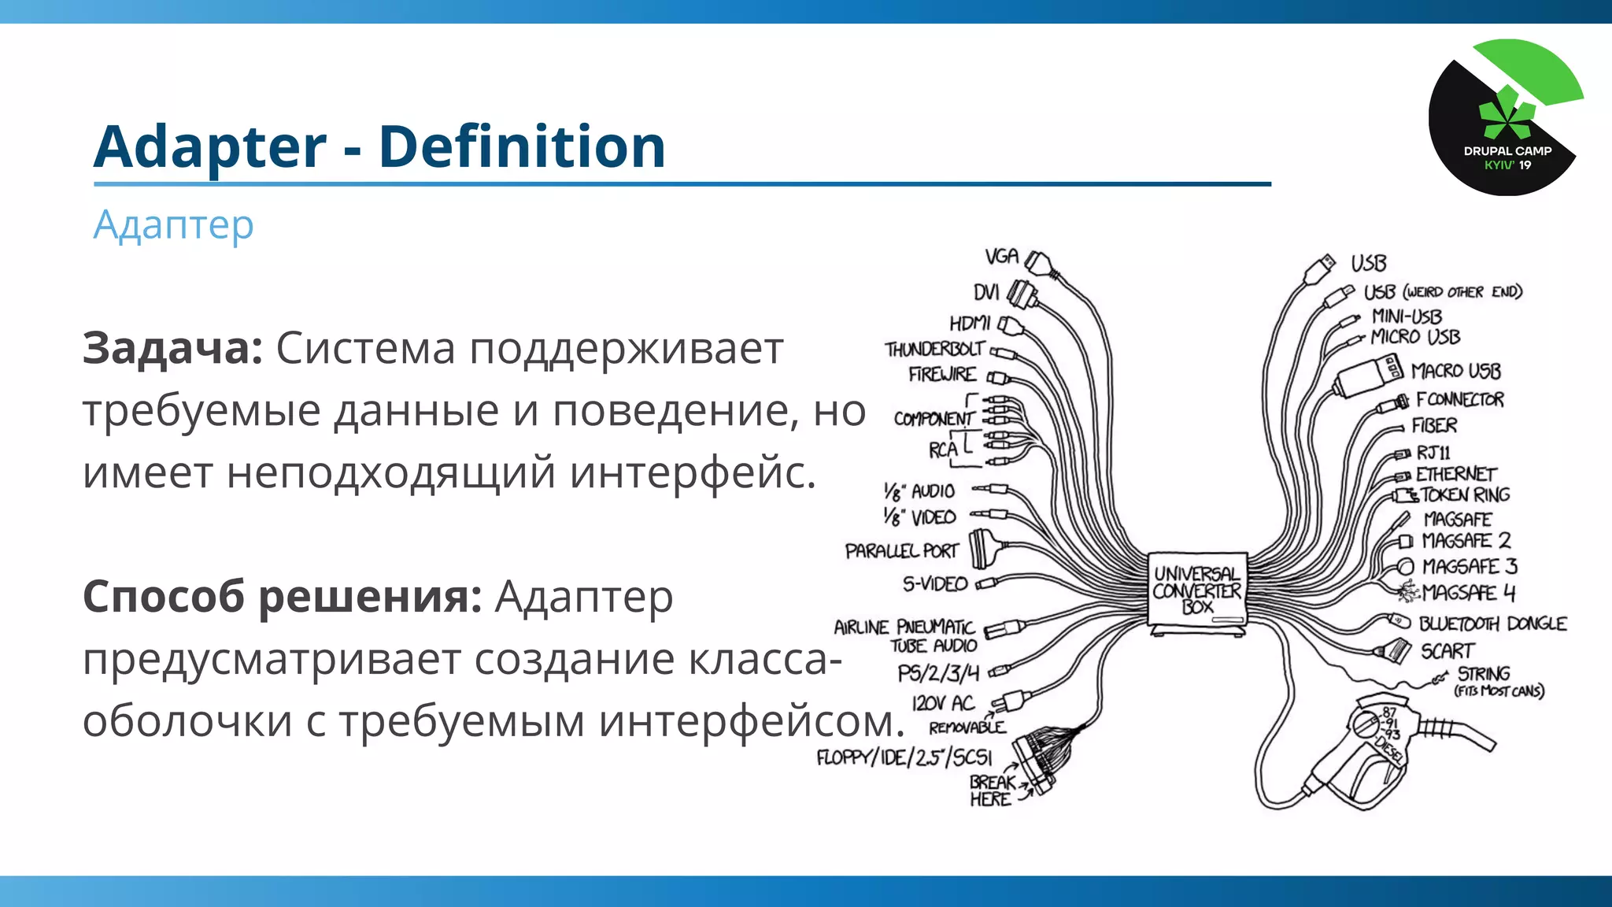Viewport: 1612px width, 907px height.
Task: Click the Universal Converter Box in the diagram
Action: tap(1196, 590)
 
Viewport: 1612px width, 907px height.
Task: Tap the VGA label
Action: tap(1001, 257)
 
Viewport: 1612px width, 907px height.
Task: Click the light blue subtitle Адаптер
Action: tap(173, 225)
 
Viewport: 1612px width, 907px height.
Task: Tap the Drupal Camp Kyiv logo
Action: tap(1505, 118)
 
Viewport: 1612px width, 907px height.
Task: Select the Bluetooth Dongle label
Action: tap(1492, 624)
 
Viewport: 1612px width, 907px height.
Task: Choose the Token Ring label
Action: tap(1465, 494)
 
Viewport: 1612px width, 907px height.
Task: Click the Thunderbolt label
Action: tap(934, 349)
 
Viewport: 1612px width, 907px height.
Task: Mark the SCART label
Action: tap(1447, 651)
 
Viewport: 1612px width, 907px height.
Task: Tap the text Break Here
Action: tap(990, 790)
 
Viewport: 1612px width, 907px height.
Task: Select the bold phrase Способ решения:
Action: tap(282, 596)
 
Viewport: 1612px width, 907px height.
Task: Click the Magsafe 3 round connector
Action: tap(1406, 567)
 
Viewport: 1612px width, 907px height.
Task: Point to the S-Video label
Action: tap(935, 583)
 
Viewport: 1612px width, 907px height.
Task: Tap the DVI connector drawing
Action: tap(1022, 294)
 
